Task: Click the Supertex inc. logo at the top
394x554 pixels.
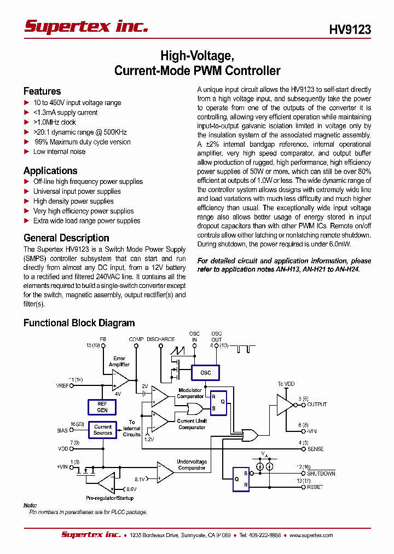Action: [x=86, y=26]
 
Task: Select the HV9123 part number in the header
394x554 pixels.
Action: [x=350, y=30]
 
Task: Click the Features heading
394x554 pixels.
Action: [x=42, y=91]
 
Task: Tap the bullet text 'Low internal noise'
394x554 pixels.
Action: [x=59, y=152]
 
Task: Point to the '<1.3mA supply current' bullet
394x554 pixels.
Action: [x=65, y=112]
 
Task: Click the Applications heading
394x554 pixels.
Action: [x=50, y=171]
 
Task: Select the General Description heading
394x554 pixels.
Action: [x=66, y=238]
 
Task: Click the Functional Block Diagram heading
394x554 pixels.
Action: [x=79, y=323]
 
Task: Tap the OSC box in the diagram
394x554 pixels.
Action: [x=205, y=373]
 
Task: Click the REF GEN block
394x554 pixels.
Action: [x=102, y=407]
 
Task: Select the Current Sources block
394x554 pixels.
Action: [x=102, y=430]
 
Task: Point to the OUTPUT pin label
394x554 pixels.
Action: [x=317, y=405]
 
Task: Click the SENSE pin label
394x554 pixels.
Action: [x=315, y=449]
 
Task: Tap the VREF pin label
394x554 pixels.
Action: [x=62, y=386]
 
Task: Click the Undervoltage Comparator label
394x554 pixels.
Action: [x=192, y=465]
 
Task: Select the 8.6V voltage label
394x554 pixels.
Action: [x=131, y=488]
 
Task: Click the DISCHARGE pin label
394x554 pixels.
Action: [x=161, y=339]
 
